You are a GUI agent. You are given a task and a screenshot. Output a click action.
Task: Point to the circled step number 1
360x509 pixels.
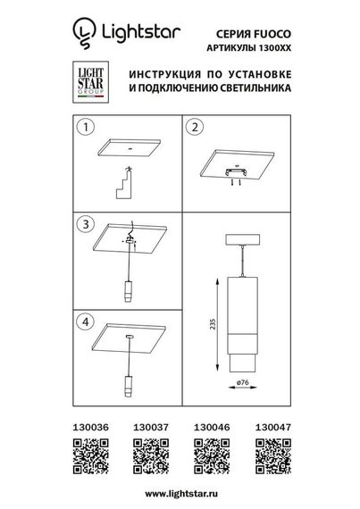pos(85,128)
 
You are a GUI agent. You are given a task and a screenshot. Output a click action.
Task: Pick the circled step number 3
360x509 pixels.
pos(85,223)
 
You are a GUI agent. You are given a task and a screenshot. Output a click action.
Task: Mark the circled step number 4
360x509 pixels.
pos(85,318)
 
